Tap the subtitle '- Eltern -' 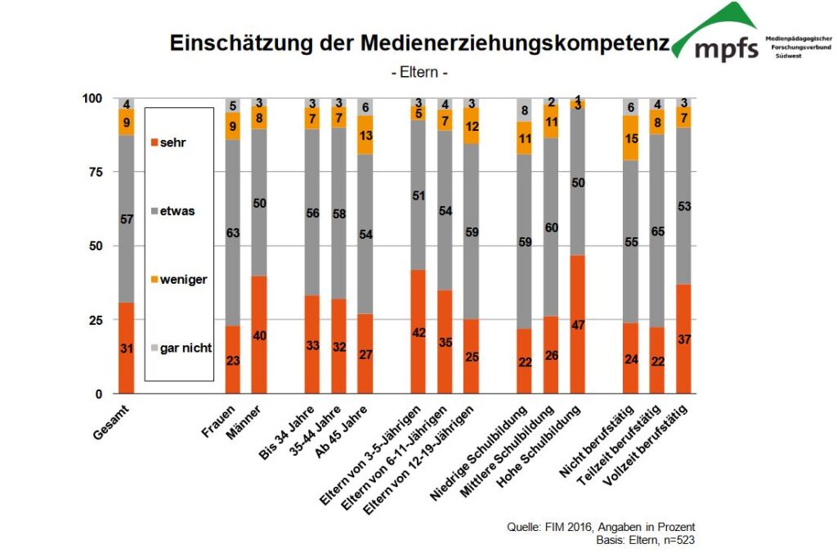(419, 73)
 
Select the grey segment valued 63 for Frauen (234, 233)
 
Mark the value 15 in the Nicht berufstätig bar (630, 138)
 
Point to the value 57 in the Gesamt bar (126, 220)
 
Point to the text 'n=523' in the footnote (677, 540)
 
